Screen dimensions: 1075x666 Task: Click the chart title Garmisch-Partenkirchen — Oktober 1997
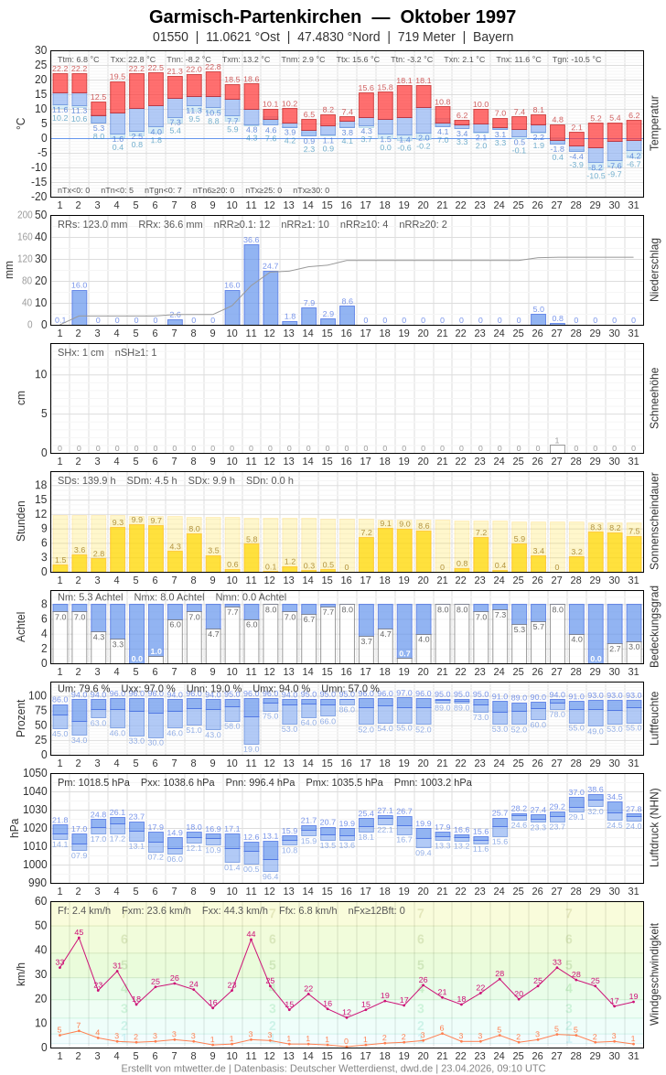click(x=332, y=16)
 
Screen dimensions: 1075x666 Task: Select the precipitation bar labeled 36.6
click(x=251, y=285)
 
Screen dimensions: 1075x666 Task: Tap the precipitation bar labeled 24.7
click(x=271, y=297)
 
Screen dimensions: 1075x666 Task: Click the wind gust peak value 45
click(x=79, y=932)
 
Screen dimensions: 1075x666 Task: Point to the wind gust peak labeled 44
click(x=251, y=934)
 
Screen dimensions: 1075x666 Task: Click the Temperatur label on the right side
click(x=654, y=124)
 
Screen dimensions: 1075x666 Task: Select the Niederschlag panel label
click(x=654, y=270)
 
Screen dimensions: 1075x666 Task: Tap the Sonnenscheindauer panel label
click(x=654, y=521)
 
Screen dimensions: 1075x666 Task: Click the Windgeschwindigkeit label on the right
click(x=654, y=973)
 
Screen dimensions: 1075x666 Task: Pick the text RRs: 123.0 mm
click(x=92, y=224)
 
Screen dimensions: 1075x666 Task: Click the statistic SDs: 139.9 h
click(x=87, y=480)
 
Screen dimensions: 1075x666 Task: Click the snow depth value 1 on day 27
click(x=557, y=441)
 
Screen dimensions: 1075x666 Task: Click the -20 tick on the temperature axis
click(x=40, y=196)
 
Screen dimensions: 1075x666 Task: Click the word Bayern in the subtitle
click(x=493, y=37)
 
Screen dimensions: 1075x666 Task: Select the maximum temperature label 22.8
click(x=213, y=67)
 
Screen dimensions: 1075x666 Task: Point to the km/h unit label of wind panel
click(x=21, y=973)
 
